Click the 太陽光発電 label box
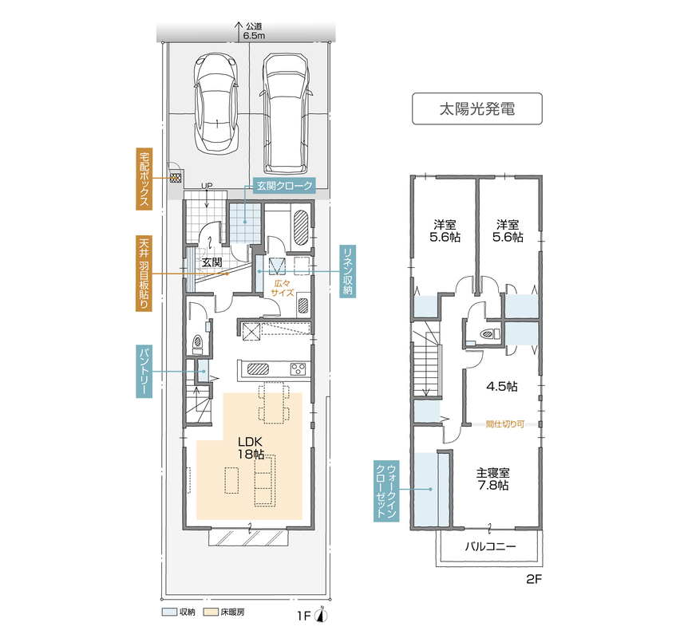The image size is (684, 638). tap(476, 108)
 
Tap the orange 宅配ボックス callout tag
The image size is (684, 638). tap(144, 179)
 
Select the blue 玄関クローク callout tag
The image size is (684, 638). tap(284, 186)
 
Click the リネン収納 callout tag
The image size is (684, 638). tap(348, 271)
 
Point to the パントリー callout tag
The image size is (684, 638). tap(144, 372)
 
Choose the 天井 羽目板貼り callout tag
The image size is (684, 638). tap(144, 274)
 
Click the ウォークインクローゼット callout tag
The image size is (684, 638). tap(386, 490)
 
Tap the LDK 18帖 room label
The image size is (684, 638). tap(251, 448)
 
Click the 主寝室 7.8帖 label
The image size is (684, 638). tap(493, 479)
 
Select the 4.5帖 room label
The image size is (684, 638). tap(502, 386)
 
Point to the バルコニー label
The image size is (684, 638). tap(490, 546)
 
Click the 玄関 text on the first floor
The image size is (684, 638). tap(212, 262)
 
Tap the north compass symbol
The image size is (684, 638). tap(322, 614)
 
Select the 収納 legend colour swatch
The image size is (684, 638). tap(169, 612)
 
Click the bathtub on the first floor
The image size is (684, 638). tap(301, 228)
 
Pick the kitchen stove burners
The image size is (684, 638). tap(299, 369)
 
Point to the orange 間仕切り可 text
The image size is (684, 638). tap(505, 423)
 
